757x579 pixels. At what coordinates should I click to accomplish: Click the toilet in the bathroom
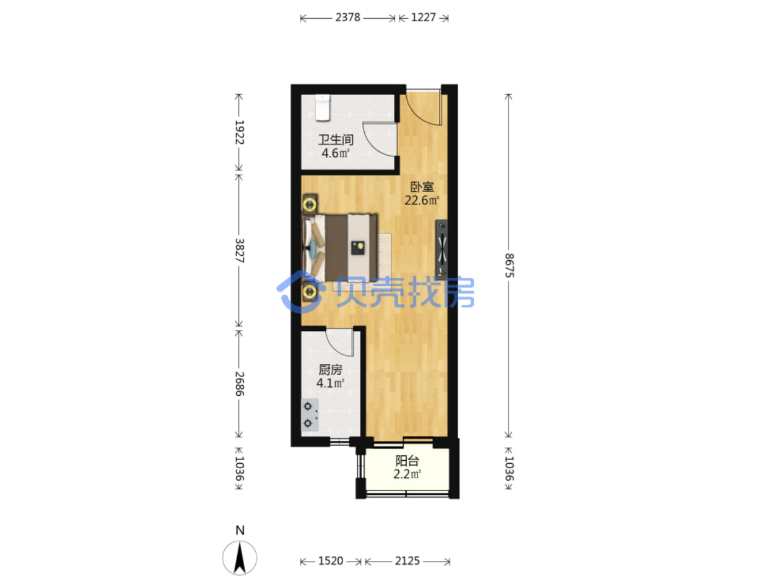click(x=322, y=108)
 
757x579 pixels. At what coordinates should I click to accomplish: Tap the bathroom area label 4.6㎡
click(x=336, y=153)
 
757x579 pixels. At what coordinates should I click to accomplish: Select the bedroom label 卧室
click(x=422, y=187)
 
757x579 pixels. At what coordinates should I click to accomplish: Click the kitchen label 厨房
click(x=330, y=370)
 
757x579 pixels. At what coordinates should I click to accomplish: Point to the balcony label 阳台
click(x=407, y=461)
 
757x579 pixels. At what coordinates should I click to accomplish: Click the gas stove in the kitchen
click(x=309, y=415)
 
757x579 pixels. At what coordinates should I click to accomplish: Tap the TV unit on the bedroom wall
click(x=441, y=249)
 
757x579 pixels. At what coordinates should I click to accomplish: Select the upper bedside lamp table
click(x=310, y=204)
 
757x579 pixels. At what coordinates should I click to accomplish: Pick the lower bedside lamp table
click(x=310, y=292)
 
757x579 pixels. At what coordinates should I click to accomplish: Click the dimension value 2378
click(x=348, y=17)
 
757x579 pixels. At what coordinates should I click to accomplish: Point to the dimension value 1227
click(x=423, y=17)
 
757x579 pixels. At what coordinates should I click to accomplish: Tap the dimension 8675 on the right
click(x=509, y=266)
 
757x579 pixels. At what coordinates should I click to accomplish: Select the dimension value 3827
click(x=239, y=251)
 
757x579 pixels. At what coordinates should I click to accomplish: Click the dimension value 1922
click(x=239, y=132)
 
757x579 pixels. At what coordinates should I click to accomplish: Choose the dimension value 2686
click(x=239, y=384)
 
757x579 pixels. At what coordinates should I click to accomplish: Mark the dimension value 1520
click(x=330, y=561)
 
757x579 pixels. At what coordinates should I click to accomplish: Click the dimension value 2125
click(x=407, y=561)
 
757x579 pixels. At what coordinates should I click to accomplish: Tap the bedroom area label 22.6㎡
click(x=422, y=200)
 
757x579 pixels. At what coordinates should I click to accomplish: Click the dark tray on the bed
click(x=358, y=247)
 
